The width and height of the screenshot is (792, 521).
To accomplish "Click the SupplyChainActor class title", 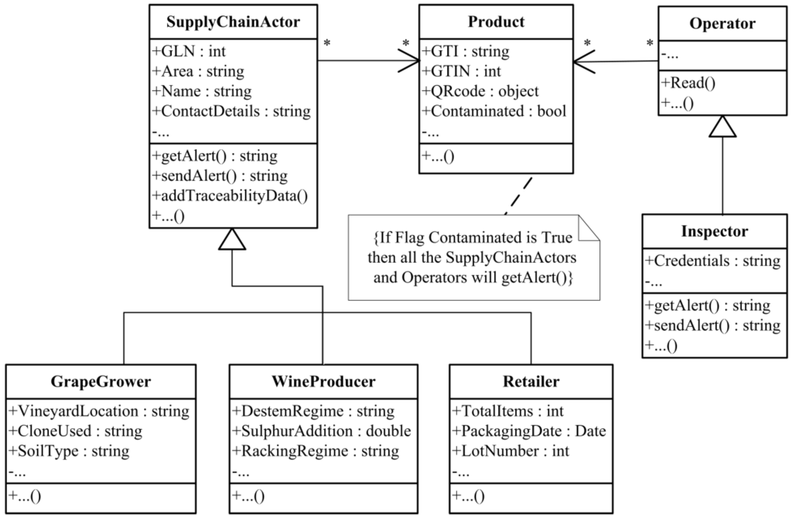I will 234,22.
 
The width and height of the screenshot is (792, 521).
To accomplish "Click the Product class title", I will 496,22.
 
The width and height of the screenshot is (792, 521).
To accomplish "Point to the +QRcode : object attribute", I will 480,91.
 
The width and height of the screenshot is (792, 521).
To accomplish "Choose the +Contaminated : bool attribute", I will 494,111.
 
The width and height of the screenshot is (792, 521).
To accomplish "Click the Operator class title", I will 722,24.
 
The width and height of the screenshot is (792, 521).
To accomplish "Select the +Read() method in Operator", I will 688,83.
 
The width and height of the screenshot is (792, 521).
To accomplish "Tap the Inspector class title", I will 715,231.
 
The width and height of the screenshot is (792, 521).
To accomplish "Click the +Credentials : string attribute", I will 712,260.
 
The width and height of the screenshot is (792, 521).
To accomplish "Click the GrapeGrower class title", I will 101,382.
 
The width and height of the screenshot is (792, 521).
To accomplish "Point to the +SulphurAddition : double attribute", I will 321,431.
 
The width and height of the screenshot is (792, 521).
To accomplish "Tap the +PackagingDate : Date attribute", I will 529,431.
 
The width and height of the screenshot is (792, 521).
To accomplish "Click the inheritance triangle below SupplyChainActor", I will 232,240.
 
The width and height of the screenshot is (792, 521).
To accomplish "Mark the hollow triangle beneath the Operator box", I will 722,126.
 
